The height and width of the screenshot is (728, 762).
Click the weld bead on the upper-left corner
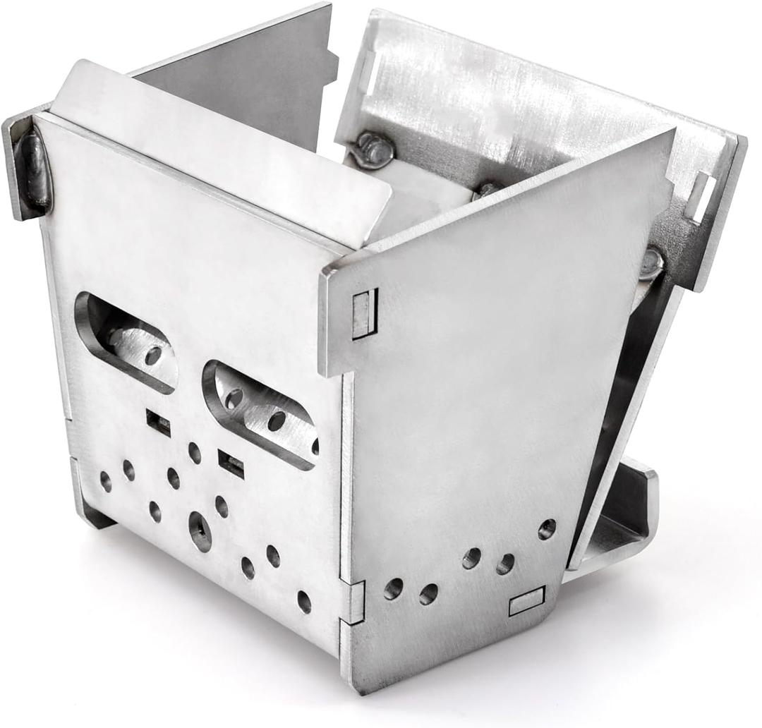34,170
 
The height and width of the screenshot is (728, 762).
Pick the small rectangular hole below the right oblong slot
231,463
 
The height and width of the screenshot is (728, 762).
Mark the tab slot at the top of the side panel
365,313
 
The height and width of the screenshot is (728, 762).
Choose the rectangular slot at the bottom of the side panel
526,600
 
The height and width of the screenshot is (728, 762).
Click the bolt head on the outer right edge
651,263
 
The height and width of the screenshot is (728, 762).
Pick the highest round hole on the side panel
547,528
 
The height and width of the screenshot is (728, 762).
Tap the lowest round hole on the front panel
304,602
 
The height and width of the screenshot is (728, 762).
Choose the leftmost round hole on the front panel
106,482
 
